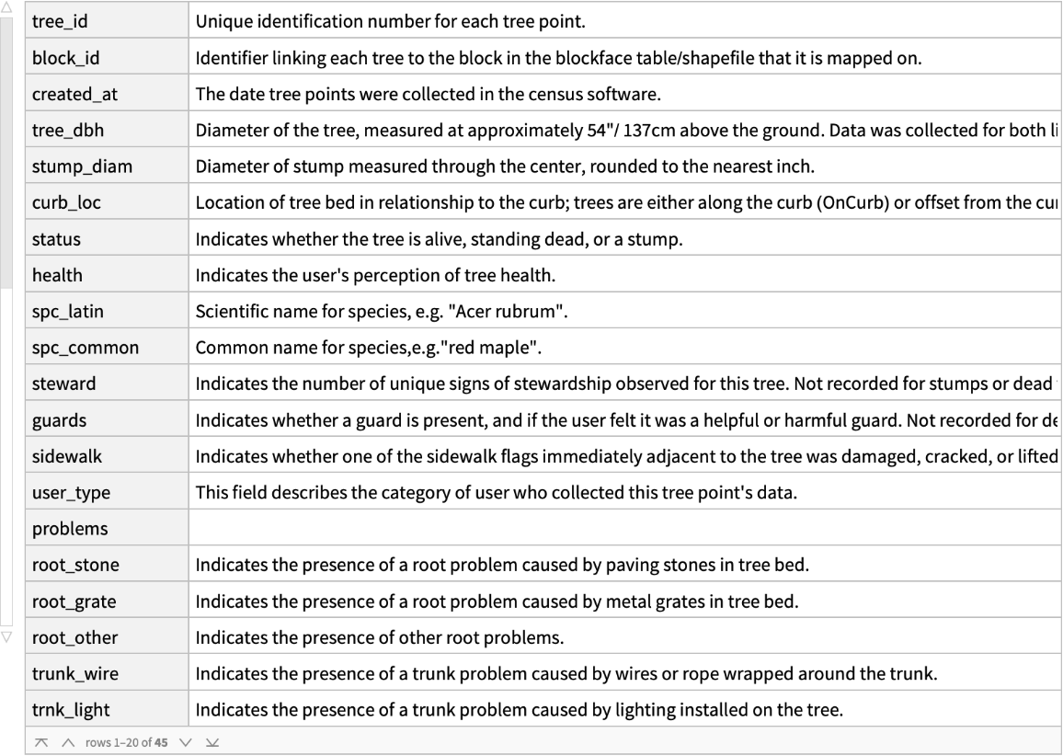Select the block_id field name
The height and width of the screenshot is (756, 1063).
click(65, 58)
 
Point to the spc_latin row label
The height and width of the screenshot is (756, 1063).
click(67, 312)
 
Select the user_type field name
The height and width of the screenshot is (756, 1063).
click(71, 493)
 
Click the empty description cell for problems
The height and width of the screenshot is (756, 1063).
click(625, 529)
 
